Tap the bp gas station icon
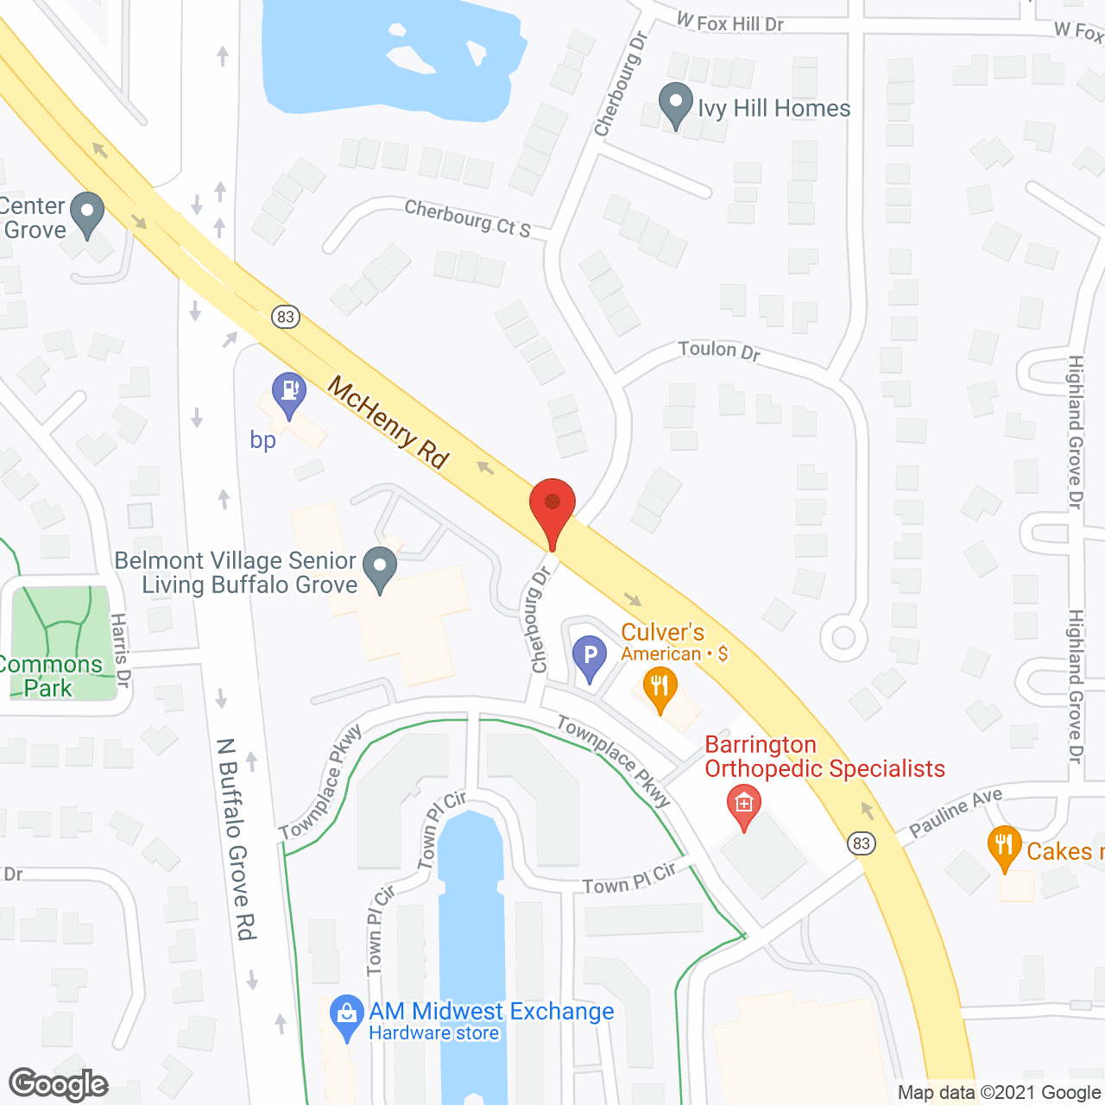tap(289, 394)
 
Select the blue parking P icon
tap(590, 657)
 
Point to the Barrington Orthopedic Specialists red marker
tap(744, 805)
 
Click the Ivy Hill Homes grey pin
tap(675, 104)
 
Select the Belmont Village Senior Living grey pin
tap(379, 569)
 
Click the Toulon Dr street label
tap(719, 350)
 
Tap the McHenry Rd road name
tap(388, 422)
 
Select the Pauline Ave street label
tap(956, 812)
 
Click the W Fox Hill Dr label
tap(729, 22)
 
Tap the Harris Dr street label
tap(120, 650)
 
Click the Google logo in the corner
tap(59, 1084)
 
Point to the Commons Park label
tap(50, 676)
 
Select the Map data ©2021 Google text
tap(1000, 1093)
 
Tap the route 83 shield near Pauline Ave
tap(861, 843)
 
